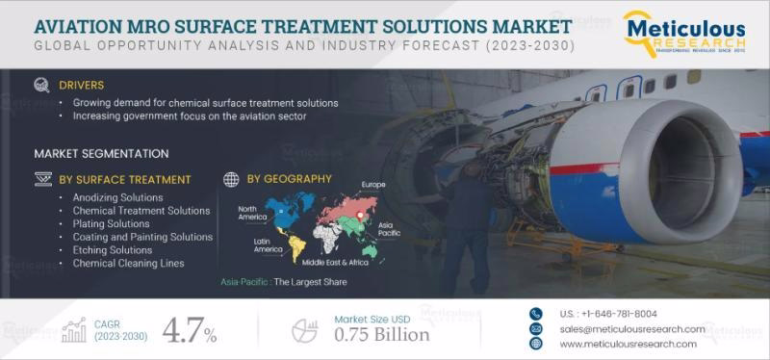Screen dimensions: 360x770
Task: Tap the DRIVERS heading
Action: point(81,85)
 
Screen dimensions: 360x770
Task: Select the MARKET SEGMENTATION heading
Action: point(101,153)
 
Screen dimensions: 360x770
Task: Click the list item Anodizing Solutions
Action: point(117,197)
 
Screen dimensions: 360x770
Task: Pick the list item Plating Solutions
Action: point(111,223)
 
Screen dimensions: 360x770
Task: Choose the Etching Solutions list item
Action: point(112,249)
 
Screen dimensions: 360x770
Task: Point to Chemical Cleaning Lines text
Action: point(128,263)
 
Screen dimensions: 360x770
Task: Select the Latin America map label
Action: point(268,245)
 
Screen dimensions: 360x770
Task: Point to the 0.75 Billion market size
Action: point(382,335)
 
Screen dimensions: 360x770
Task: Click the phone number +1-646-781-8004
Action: point(607,314)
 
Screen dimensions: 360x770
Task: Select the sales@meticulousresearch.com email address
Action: point(631,328)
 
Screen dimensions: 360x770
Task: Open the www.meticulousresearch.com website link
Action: point(627,344)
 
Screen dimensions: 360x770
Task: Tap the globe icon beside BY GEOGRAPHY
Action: point(231,179)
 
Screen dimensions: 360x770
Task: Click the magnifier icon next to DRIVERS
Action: point(41,85)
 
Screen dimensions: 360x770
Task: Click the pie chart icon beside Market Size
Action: point(304,329)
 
